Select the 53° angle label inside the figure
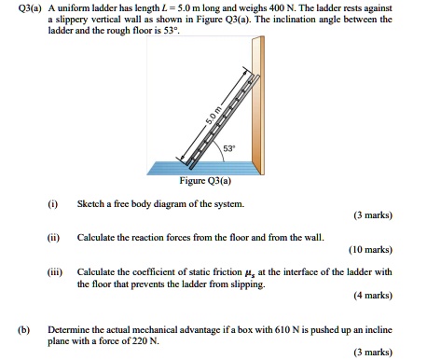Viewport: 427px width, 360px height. click(229, 147)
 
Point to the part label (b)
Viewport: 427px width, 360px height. click(20, 330)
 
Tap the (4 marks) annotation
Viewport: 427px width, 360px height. click(372, 296)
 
